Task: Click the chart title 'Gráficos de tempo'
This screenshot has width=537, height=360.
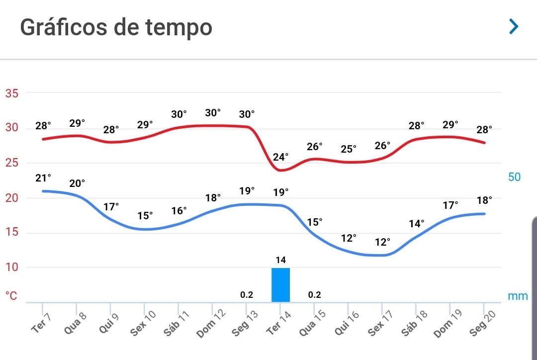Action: pyautogui.click(x=116, y=27)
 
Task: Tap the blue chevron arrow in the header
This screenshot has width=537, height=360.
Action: pyautogui.click(x=514, y=26)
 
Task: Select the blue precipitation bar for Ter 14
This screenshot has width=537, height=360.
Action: pyautogui.click(x=280, y=285)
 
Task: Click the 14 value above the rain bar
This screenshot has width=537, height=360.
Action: pyautogui.click(x=280, y=260)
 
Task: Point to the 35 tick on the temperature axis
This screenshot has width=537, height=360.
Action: pyautogui.click(x=11, y=93)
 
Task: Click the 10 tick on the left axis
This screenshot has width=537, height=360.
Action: pyautogui.click(x=11, y=267)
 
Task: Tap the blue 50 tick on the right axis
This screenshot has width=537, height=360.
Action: pyautogui.click(x=514, y=177)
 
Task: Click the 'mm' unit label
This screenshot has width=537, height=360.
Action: pyautogui.click(x=518, y=296)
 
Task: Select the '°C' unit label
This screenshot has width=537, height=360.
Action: pyautogui.click(x=11, y=295)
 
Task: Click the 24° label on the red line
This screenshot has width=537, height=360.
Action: pyautogui.click(x=280, y=157)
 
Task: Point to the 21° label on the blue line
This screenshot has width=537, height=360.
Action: pyautogui.click(x=43, y=178)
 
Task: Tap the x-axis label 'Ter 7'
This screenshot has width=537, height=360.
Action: pyautogui.click(x=41, y=323)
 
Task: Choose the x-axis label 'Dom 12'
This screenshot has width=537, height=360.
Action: pyautogui.click(x=211, y=323)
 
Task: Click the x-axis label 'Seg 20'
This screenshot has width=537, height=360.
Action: pyautogui.click(x=482, y=323)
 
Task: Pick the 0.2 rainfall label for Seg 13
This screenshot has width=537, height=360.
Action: pyautogui.click(x=247, y=294)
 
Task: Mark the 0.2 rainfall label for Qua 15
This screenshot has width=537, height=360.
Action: pyautogui.click(x=314, y=294)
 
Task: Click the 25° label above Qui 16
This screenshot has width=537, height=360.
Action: pyautogui.click(x=348, y=149)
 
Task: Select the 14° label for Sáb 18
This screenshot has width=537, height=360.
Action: pyautogui.click(x=417, y=224)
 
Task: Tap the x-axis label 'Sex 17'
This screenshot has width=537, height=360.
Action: pyautogui.click(x=380, y=323)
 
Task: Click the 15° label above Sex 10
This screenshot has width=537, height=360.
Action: pyautogui.click(x=145, y=215)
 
